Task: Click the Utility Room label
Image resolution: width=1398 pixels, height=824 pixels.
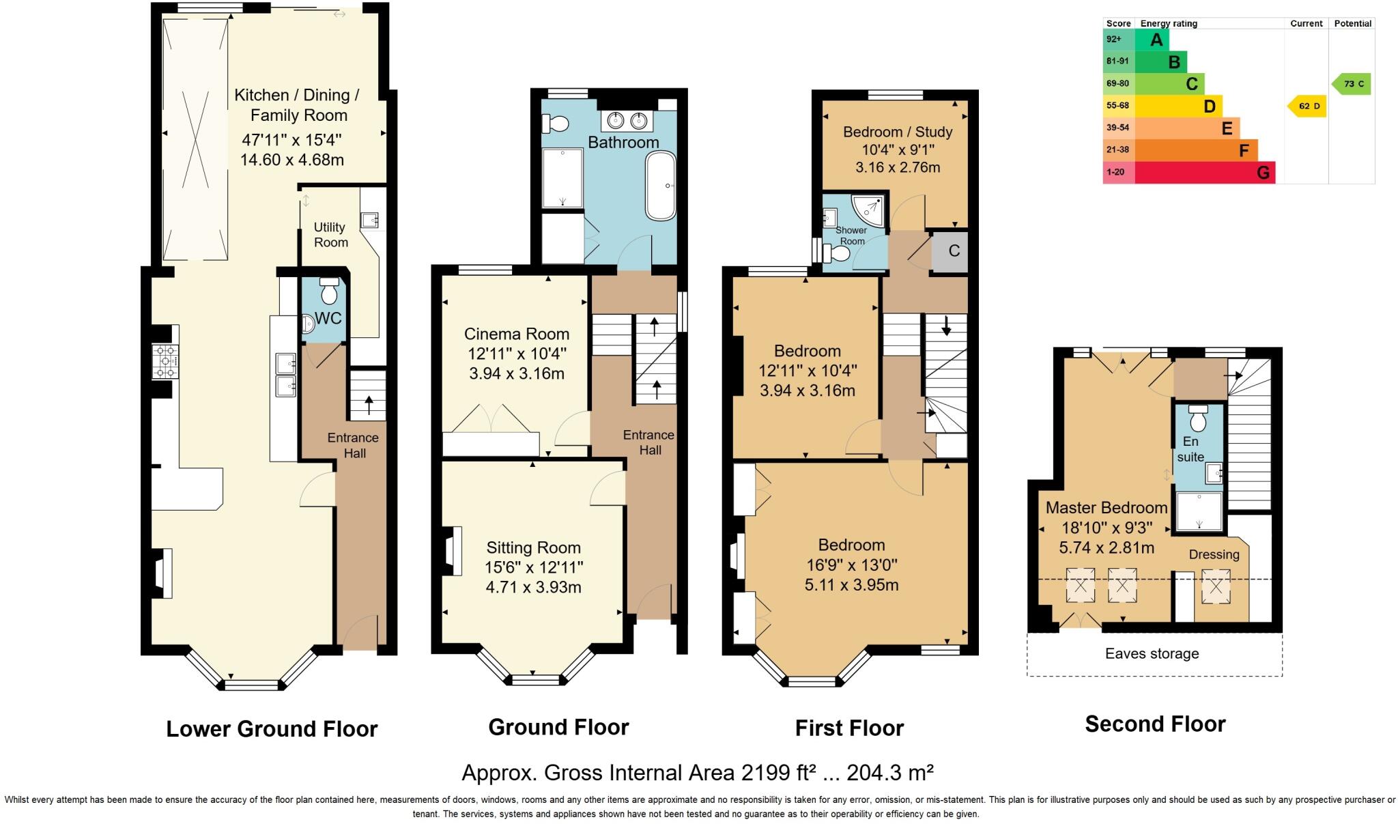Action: coord(330,235)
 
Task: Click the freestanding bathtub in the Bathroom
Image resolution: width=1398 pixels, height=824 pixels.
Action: coord(660,186)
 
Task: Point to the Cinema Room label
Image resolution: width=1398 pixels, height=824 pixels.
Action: coord(517,334)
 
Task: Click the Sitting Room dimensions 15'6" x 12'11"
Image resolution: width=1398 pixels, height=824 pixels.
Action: coord(534,567)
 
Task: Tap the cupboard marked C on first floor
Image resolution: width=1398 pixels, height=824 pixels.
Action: coord(954,251)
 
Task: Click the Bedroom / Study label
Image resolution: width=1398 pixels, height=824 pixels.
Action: coord(898,132)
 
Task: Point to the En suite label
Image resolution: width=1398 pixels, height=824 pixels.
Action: coord(1190,449)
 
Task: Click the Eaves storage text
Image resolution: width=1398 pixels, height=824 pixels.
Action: coord(1152,653)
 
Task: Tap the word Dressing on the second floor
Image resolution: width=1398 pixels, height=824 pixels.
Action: coord(1214,554)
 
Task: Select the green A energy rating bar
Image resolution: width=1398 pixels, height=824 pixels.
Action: coord(1152,40)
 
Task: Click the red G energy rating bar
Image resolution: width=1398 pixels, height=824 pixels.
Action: coord(1205,173)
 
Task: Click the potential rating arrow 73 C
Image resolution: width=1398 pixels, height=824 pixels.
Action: coord(1352,84)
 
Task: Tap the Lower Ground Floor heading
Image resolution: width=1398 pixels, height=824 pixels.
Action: coord(272,728)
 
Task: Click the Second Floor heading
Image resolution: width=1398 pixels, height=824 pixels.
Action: coord(1155,724)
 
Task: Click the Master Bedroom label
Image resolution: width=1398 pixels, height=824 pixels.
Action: coord(1107,508)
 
